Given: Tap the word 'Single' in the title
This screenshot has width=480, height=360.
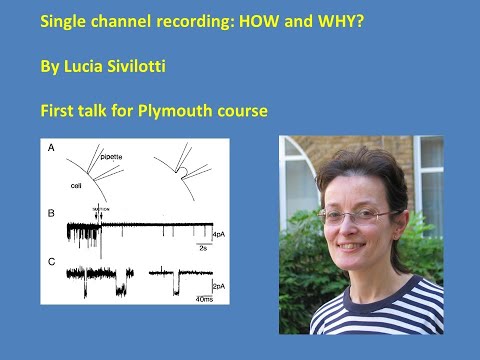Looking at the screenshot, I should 58,19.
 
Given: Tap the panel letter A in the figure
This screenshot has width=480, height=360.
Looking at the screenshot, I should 51,149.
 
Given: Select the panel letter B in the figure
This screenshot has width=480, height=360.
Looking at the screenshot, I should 51,213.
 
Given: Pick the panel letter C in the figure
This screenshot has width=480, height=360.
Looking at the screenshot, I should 51,261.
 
